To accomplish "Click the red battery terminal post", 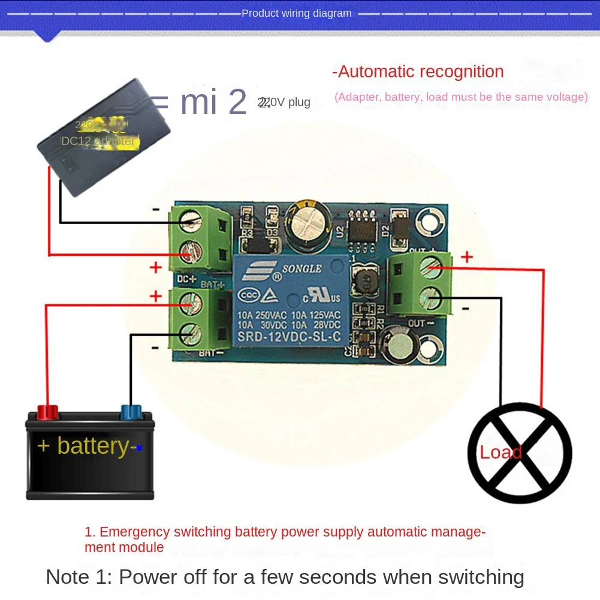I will (49, 412).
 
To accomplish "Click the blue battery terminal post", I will (131, 412).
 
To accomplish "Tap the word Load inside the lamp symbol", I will (500, 452).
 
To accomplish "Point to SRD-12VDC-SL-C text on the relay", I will (289, 336).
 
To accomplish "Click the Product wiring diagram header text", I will (296, 13).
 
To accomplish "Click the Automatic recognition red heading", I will (418, 72).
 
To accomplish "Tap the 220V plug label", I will (284, 102).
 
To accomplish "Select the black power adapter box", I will (102, 137).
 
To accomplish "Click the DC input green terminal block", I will (200, 238).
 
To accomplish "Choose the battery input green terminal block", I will (200, 318).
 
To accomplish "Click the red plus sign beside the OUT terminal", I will (466, 257).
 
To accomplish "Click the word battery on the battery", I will (92, 446).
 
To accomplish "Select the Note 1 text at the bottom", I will (285, 577).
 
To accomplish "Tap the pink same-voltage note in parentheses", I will (460, 97).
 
